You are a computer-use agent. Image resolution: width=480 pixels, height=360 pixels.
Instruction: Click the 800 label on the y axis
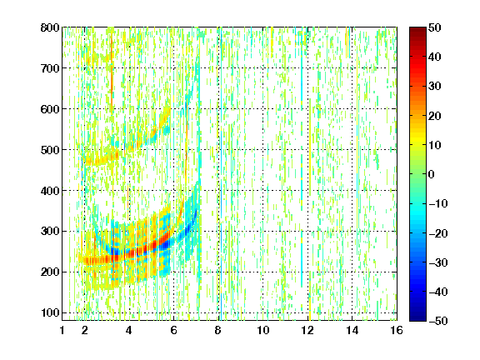tap(50, 27)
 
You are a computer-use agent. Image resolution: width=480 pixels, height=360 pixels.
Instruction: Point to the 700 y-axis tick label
tap(50, 68)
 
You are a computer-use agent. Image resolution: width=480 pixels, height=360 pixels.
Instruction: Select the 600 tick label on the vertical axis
tap(50, 109)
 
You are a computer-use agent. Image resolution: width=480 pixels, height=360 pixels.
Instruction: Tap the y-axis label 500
tap(50, 150)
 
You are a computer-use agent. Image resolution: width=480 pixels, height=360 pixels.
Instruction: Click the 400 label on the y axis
tap(50, 191)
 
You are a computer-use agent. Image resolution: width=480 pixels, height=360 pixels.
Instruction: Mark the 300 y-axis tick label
tap(50, 232)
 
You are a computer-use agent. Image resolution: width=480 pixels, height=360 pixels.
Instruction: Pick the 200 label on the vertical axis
tap(50, 272)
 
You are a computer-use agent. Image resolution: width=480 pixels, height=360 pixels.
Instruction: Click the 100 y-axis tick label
tap(50, 312)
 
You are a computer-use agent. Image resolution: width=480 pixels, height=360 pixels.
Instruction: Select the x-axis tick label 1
tap(62, 330)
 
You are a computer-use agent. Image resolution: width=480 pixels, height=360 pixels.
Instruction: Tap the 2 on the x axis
tap(85, 330)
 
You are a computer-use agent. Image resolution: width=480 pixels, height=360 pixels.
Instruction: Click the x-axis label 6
tap(174, 330)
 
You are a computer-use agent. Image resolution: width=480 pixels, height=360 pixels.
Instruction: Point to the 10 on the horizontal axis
tap(263, 330)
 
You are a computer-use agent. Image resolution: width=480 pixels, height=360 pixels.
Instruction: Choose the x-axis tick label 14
tap(352, 330)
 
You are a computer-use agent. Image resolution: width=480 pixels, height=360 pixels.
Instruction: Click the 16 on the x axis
tap(397, 330)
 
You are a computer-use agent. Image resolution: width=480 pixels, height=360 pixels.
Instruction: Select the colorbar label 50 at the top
tap(435, 27)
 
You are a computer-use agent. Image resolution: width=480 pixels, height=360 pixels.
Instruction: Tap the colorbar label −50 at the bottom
tap(438, 321)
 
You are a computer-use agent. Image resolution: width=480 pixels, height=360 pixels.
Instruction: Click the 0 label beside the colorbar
tap(432, 174)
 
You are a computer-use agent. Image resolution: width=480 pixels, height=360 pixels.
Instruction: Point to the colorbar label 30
tap(435, 87)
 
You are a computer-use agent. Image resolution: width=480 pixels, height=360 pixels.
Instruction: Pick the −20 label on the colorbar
tap(438, 233)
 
